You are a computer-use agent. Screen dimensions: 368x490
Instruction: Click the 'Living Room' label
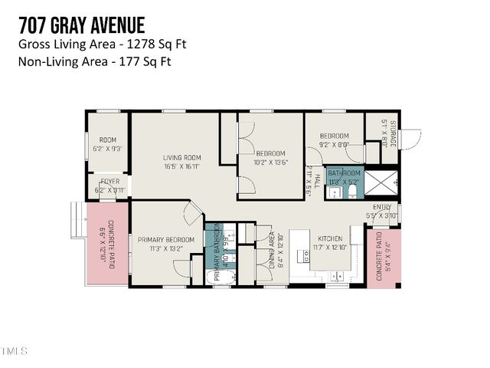click(181, 158)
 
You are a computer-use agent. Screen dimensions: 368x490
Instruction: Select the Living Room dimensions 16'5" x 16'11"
click(181, 166)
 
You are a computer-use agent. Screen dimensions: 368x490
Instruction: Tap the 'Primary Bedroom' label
click(166, 240)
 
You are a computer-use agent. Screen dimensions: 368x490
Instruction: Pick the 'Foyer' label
click(109, 182)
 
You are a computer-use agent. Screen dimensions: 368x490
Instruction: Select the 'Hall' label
click(316, 182)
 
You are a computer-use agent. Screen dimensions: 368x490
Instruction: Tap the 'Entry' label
click(382, 207)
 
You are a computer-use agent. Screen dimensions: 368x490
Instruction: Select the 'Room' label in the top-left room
click(107, 140)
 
